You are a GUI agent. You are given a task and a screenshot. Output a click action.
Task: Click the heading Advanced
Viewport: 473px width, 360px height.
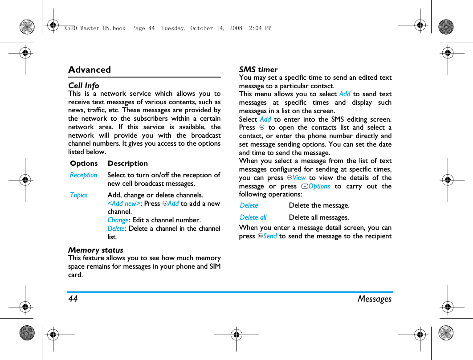point(90,70)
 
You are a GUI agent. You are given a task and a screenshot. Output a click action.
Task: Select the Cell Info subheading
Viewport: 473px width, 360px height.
point(84,86)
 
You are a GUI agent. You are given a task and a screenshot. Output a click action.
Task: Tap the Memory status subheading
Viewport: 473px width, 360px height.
point(96,250)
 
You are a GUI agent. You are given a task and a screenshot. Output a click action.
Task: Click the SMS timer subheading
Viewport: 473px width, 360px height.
point(258,70)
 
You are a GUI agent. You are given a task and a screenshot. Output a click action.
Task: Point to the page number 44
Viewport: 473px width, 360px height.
point(73,299)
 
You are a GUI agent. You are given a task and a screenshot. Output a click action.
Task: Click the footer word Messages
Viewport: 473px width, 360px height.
point(374,299)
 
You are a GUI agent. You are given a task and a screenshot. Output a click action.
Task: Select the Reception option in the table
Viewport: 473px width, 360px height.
point(83,175)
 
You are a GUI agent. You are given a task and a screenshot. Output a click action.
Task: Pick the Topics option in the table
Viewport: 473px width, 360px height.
point(79,195)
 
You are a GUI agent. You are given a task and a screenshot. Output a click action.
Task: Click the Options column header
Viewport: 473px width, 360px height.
point(84,164)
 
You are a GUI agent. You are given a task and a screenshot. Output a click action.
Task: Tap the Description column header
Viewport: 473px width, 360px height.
point(127,164)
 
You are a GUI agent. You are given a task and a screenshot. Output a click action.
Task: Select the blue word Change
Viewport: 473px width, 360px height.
point(118,220)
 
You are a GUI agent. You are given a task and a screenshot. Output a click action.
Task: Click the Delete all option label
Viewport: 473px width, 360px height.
point(253,217)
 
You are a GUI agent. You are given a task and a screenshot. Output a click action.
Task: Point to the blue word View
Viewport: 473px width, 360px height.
point(299,178)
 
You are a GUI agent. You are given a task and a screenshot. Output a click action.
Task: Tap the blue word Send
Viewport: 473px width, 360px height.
point(270,236)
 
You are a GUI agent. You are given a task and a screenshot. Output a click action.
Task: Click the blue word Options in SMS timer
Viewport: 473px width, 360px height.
point(319,186)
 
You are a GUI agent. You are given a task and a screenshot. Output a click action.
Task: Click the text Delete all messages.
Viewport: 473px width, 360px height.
point(319,217)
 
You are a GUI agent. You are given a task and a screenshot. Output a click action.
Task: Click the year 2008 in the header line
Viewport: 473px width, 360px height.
point(235,28)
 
